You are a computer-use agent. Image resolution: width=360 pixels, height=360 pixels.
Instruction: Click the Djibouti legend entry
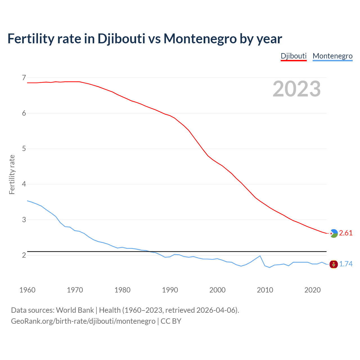(x=294, y=56)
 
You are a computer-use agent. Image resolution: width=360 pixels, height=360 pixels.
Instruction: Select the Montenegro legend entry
(x=332, y=56)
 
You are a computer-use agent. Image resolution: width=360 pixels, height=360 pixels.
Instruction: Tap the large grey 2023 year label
(x=297, y=89)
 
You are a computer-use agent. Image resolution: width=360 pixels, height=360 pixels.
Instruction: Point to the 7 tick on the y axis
(x=24, y=77)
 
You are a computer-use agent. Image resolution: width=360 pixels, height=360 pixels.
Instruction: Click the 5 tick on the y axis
(x=24, y=148)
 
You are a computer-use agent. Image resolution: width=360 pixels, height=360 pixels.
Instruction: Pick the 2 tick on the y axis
(x=24, y=255)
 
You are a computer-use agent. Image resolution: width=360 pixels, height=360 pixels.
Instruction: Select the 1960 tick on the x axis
(x=27, y=290)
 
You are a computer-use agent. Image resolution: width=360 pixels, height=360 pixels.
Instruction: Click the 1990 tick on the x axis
(x=170, y=290)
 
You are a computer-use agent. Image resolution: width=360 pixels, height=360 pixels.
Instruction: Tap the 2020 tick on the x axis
(x=312, y=290)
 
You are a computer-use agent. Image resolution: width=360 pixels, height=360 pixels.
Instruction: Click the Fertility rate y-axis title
(x=12, y=174)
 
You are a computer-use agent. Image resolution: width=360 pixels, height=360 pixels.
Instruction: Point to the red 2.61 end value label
(x=346, y=233)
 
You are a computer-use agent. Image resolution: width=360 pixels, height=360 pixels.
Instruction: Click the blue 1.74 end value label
(x=346, y=264)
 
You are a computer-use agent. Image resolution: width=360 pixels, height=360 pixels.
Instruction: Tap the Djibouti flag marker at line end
(x=334, y=233)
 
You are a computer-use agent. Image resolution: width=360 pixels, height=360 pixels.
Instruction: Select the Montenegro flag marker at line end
(x=334, y=264)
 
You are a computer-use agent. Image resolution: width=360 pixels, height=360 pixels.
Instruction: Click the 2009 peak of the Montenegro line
(x=260, y=256)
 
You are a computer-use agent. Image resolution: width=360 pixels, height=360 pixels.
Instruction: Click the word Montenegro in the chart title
(x=200, y=39)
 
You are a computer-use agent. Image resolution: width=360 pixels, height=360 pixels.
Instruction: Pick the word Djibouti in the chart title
(x=121, y=39)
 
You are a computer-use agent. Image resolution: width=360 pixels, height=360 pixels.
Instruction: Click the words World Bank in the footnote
(x=75, y=310)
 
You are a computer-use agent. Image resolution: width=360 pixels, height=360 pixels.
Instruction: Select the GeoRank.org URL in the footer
(x=83, y=321)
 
